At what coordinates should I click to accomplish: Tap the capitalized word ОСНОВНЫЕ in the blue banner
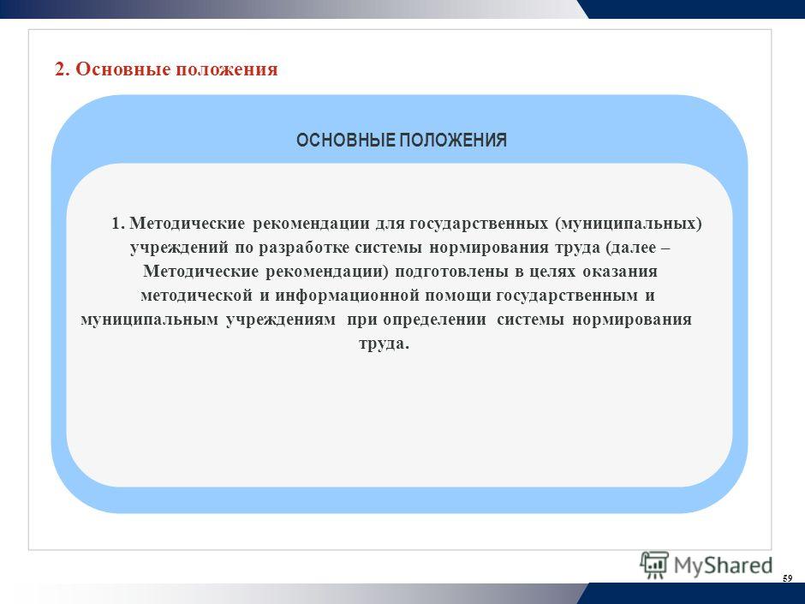(345, 140)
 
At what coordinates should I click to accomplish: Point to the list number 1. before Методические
(118, 224)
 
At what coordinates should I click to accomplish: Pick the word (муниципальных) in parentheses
(628, 224)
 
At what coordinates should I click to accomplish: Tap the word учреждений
(179, 248)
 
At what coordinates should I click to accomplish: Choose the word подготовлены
(452, 272)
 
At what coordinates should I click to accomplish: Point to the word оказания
(620, 272)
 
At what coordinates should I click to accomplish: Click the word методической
(197, 296)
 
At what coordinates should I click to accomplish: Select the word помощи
(457, 296)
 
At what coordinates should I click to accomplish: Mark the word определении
(434, 320)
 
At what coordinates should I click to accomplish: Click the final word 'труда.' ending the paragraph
(384, 344)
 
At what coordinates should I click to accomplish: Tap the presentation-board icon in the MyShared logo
(653, 565)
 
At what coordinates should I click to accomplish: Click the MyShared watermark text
(722, 565)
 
